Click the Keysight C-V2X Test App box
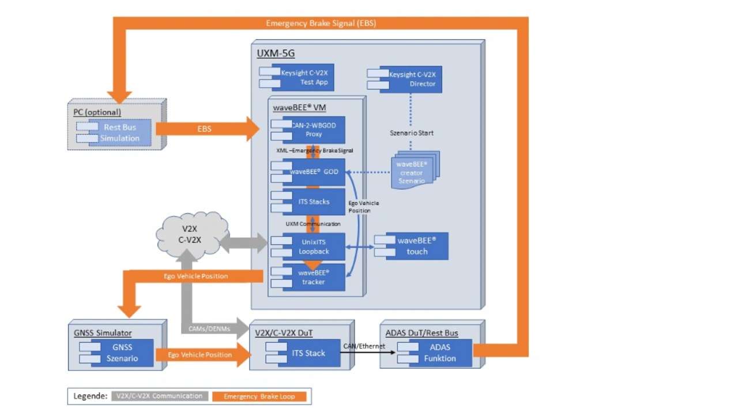point(303,78)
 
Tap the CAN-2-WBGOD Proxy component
point(314,130)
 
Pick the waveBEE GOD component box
point(314,172)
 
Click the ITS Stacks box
point(314,202)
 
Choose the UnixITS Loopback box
point(314,246)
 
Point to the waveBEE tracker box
point(314,278)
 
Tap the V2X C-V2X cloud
point(188,234)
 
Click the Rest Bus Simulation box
point(120,133)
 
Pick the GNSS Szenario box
point(122,353)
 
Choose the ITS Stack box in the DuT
point(308,353)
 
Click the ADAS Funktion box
point(440,353)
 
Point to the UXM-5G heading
point(276,54)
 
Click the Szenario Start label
point(411,133)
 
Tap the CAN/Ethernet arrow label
point(364,346)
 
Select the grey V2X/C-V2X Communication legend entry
point(160,396)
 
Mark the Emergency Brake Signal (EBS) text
point(321,24)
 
